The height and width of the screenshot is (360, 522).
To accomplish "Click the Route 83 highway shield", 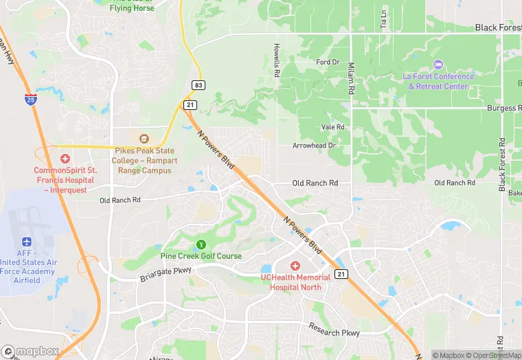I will (198, 85).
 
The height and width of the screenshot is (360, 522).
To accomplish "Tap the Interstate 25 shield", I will (30, 99).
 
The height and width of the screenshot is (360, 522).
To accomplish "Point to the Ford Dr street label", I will (328, 62).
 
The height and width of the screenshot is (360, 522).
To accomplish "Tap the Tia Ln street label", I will (384, 21).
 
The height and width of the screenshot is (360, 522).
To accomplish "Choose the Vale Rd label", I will (332, 127).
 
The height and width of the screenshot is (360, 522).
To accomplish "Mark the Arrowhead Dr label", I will (313, 146).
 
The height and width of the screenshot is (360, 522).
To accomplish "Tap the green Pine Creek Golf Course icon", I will (201, 244).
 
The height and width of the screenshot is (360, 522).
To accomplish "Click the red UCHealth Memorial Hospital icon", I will (295, 266).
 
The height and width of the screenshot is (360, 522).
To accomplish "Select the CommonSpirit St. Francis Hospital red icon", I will (65, 159).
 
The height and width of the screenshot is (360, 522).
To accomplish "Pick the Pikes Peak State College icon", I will (143, 139).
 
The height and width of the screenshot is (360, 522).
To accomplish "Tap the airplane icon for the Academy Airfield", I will (27, 243).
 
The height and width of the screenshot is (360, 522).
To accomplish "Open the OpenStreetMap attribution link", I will (492, 355).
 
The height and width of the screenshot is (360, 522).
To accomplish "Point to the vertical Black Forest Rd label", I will (502, 165).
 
